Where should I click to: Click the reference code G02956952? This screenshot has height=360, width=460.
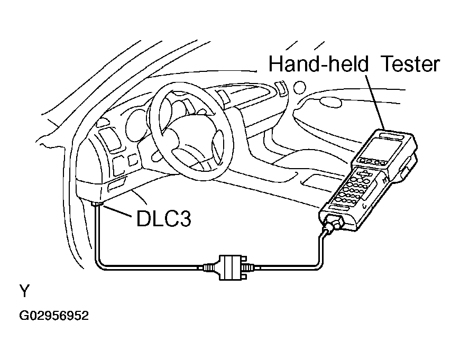(54, 316)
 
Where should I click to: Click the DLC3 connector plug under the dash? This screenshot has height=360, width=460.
(96, 205)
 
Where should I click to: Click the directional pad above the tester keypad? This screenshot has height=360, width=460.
(365, 174)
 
